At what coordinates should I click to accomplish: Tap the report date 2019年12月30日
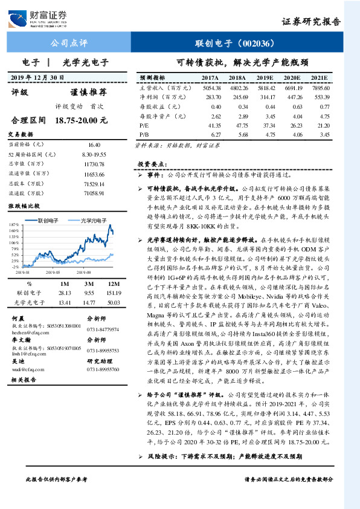[37, 78]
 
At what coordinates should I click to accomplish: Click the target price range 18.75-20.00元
[81, 121]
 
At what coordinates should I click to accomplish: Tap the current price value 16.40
[94, 146]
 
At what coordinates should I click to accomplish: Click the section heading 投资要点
[150, 164]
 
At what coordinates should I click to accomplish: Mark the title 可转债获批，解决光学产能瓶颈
[242, 62]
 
